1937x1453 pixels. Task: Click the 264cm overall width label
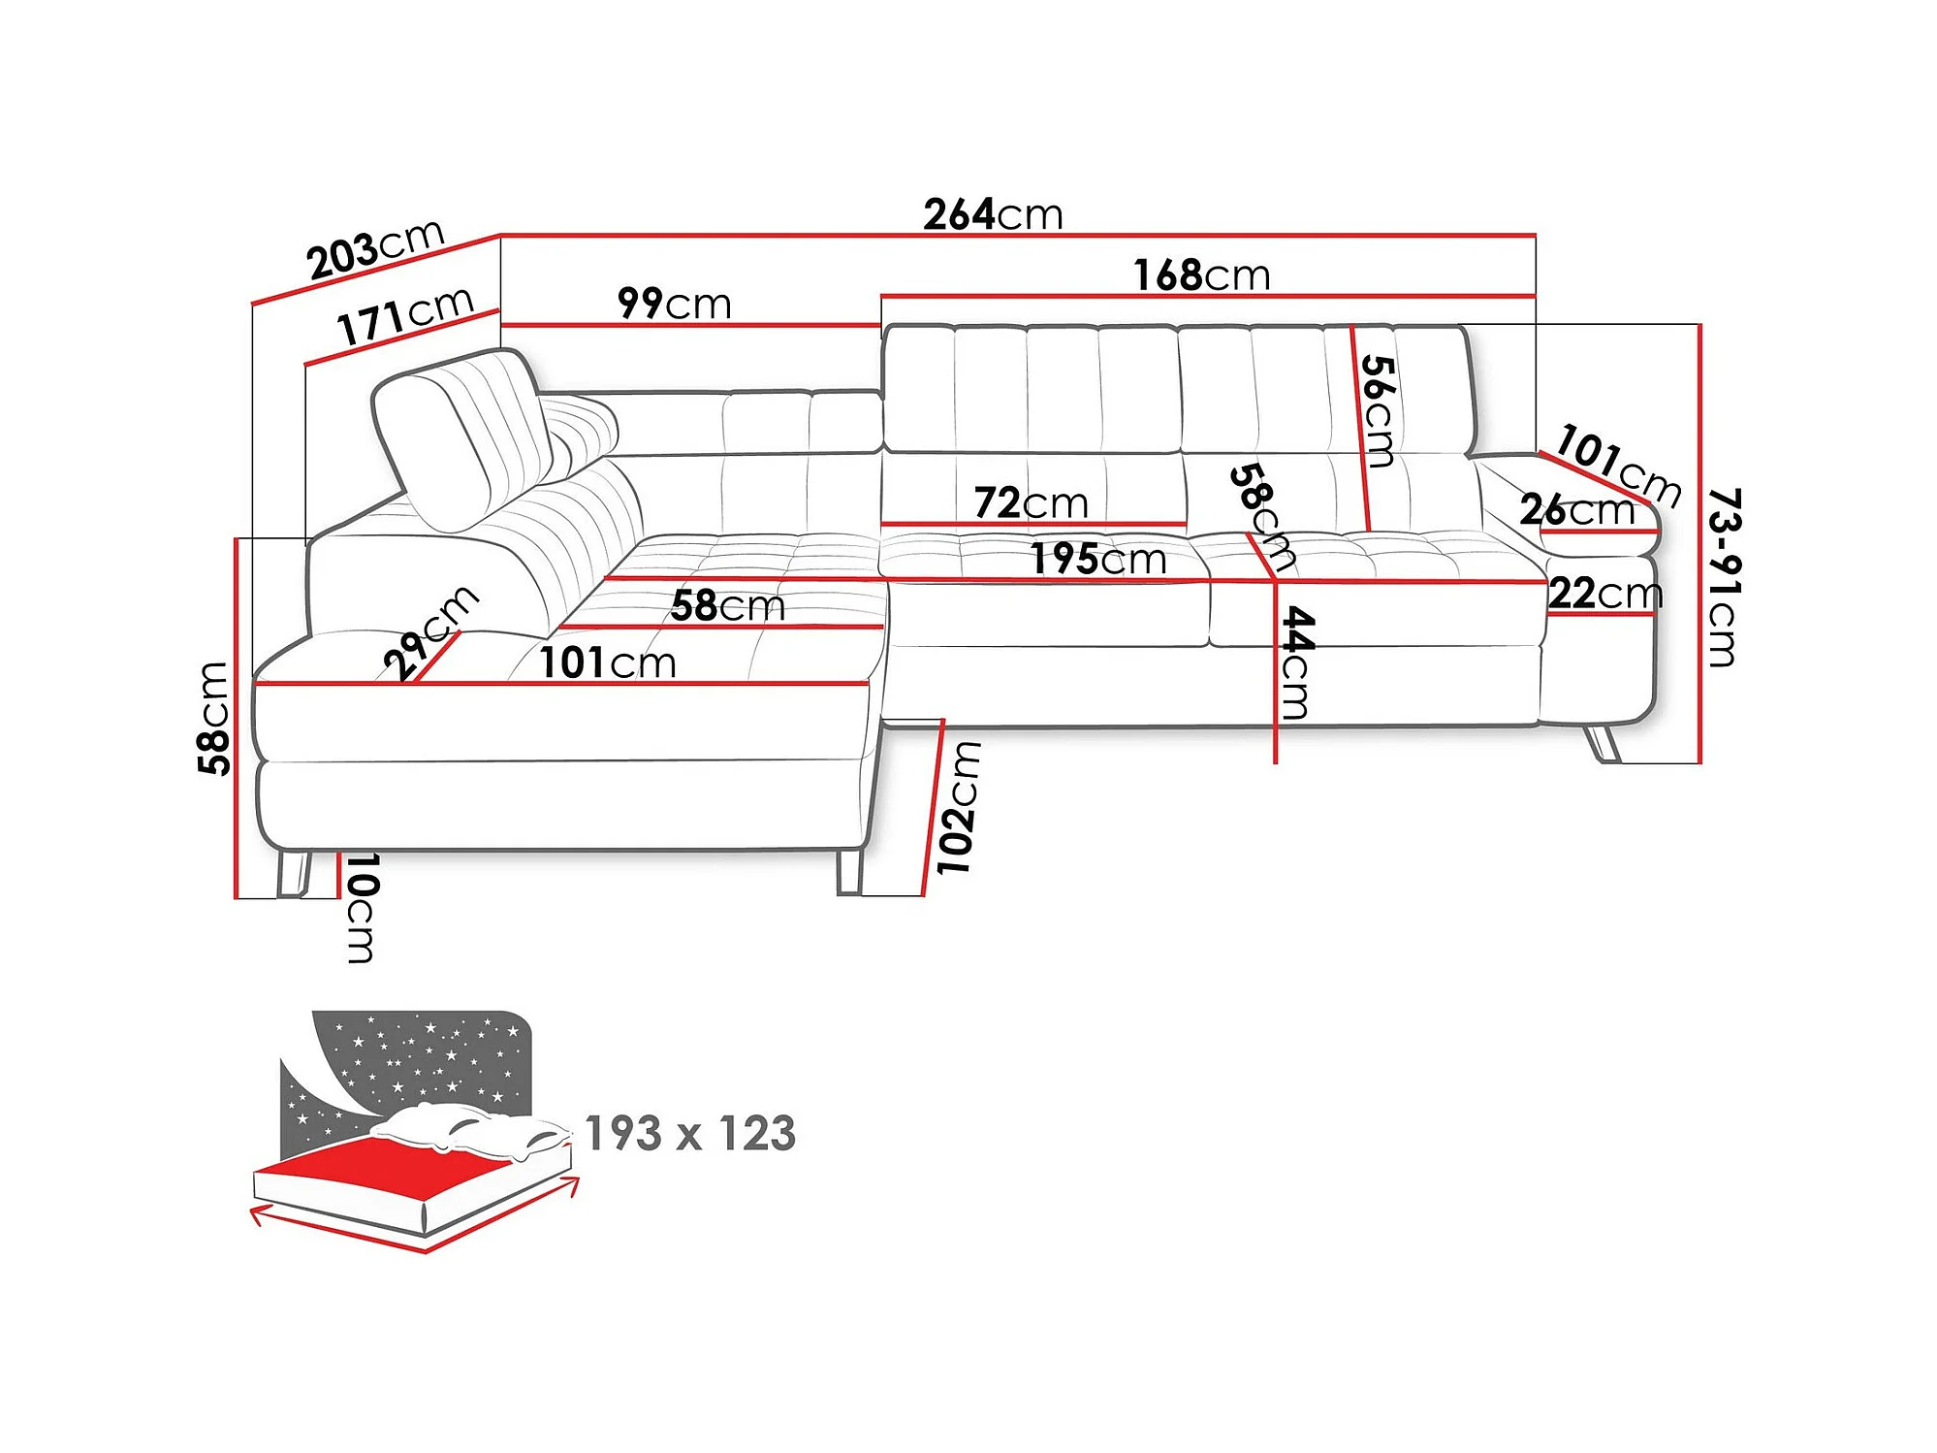pyautogui.click(x=993, y=214)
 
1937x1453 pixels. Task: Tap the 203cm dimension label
pyautogui.click(x=375, y=249)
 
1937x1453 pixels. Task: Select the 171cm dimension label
pyautogui.click(x=405, y=315)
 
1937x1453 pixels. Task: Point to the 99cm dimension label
pyautogui.click(x=674, y=304)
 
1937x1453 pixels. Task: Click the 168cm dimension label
pyautogui.click(x=1202, y=275)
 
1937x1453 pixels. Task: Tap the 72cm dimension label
pyautogui.click(x=1031, y=503)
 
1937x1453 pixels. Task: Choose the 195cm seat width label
pyautogui.click(x=1097, y=559)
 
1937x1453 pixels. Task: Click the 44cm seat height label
pyautogui.click(x=1297, y=662)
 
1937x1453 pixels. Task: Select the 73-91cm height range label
pyautogui.click(x=1724, y=577)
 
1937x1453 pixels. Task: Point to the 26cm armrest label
pyautogui.click(x=1577, y=509)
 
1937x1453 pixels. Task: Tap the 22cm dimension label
pyautogui.click(x=1605, y=593)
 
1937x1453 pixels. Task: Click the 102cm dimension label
pyautogui.click(x=958, y=808)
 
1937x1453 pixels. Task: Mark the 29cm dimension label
pyautogui.click(x=430, y=631)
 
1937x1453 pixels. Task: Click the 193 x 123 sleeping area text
pyautogui.click(x=690, y=1133)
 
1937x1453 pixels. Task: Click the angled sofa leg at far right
pyautogui.click(x=1602, y=743)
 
